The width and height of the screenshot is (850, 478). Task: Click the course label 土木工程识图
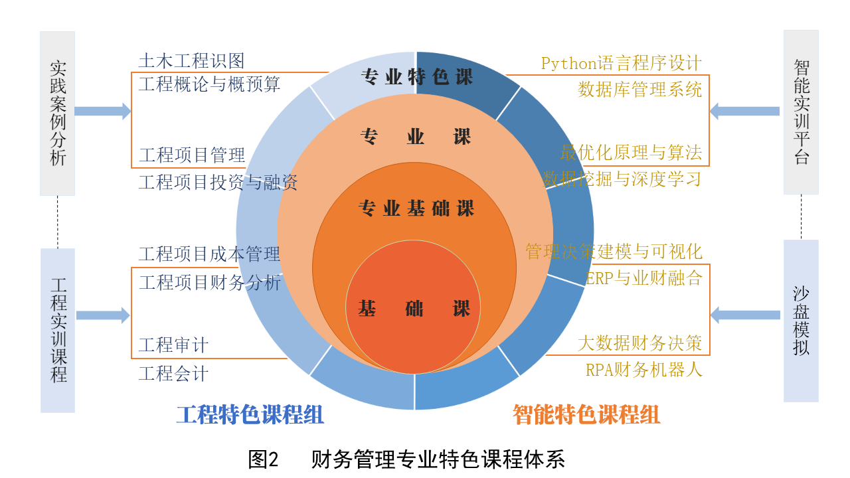191,61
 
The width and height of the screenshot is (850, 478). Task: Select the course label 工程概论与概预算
209,84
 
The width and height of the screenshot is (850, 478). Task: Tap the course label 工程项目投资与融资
218,182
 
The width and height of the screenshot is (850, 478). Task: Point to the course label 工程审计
173,345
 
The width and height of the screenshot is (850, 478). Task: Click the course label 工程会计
173,374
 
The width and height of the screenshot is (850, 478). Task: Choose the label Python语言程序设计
621,64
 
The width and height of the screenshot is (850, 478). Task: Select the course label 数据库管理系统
639,89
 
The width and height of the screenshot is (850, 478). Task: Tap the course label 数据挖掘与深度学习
622,179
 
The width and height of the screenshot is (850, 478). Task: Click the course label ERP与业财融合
643,278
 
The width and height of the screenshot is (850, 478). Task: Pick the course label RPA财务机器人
643,370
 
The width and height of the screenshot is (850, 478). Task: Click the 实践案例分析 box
57,113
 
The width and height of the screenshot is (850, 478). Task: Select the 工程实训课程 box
58,330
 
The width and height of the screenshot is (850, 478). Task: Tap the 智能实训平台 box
801,112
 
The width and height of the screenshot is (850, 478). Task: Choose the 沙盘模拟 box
801,321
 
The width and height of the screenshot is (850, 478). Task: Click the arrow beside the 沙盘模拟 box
745,315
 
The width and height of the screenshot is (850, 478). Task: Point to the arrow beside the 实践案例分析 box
102,111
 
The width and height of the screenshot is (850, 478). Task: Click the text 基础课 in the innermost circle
414,309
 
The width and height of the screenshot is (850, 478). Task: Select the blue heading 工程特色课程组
250,415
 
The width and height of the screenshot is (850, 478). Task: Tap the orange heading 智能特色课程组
586,415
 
